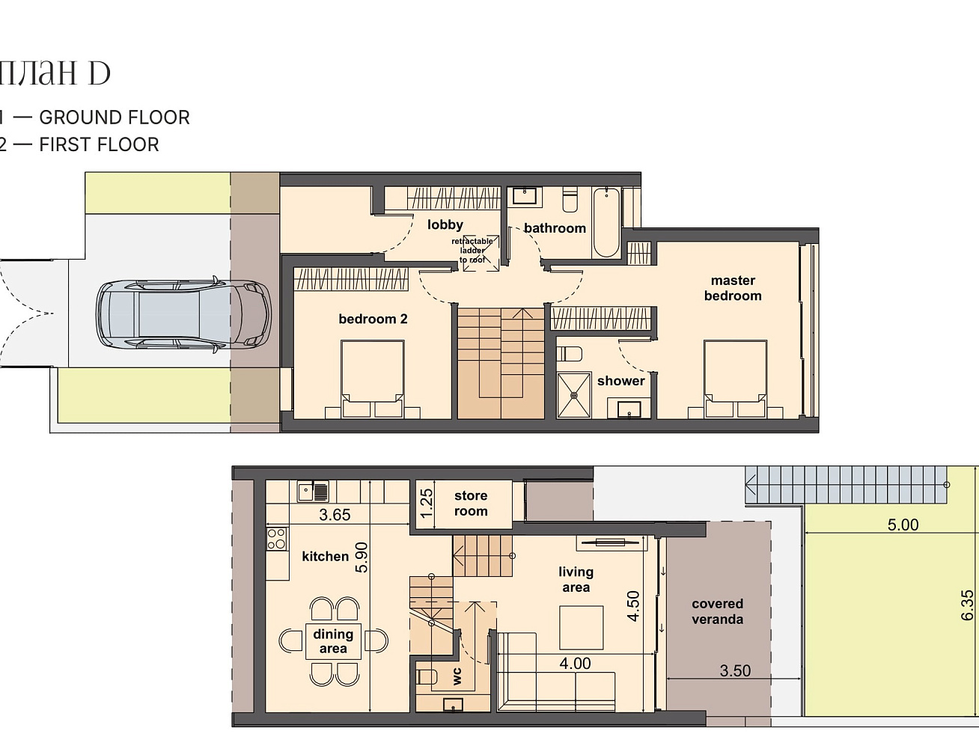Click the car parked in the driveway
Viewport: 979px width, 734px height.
pos(184,315)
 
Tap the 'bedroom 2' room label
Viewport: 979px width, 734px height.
pos(373,319)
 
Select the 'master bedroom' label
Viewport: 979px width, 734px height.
pos(733,288)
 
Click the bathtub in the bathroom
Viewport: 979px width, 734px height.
pos(606,222)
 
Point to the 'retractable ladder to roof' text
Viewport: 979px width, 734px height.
pos(472,251)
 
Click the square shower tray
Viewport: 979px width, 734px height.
pos(574,395)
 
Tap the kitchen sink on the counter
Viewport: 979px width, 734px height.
pos(313,492)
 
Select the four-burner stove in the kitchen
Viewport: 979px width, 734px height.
pos(276,539)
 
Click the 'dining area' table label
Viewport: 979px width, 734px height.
pos(333,641)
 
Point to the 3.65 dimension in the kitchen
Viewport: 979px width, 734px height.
pos(335,515)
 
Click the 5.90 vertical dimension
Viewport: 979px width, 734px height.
pos(362,557)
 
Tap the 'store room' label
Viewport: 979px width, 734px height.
pos(471,503)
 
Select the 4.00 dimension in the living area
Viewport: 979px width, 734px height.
pos(576,664)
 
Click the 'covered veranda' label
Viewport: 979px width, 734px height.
pos(718,611)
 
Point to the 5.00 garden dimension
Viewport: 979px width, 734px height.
pos(903,525)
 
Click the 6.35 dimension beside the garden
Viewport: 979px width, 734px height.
pos(968,605)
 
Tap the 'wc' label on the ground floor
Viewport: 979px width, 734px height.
pos(457,676)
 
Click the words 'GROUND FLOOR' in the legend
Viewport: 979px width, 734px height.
pos(115,117)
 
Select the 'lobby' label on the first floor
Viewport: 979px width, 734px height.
pos(445,224)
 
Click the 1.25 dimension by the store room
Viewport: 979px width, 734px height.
pos(427,504)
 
